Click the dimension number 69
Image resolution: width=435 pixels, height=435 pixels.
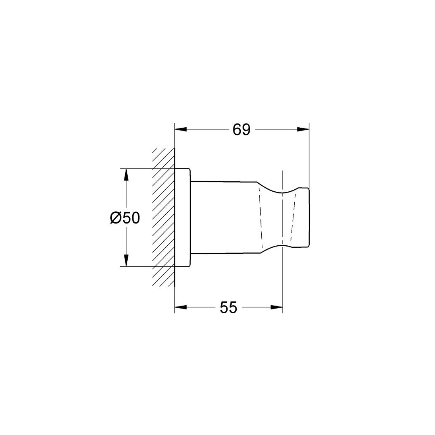(241, 130)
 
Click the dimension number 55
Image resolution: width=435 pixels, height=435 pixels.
(228, 307)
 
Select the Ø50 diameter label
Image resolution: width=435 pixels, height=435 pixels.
(125, 218)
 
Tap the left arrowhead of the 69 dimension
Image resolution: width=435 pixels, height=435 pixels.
(181, 129)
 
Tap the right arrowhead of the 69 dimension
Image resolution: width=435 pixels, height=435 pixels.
(303, 129)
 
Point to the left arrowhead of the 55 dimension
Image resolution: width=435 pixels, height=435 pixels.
(181, 307)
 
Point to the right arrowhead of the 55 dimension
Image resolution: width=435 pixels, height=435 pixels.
(277, 307)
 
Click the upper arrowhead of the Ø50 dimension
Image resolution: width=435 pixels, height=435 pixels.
(126, 175)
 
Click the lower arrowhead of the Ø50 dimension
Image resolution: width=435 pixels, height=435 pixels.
(126, 260)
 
